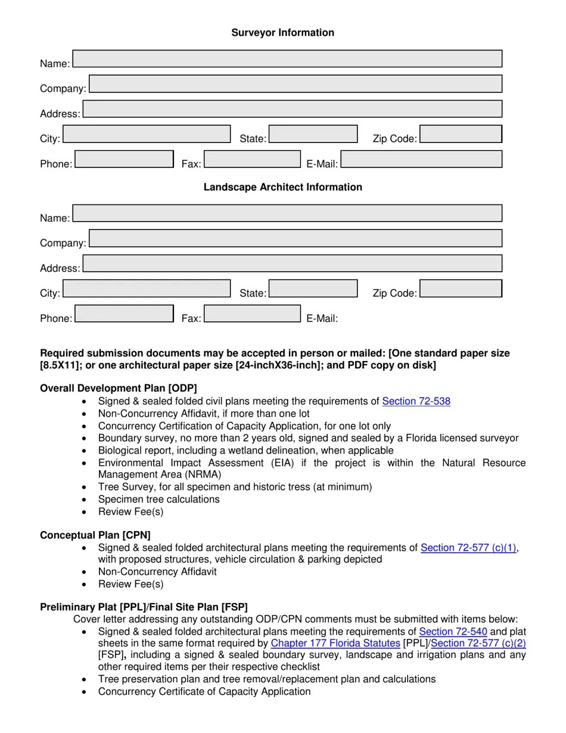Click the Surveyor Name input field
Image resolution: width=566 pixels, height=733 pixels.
click(287, 59)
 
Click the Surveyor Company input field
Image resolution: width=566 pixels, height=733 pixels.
click(296, 84)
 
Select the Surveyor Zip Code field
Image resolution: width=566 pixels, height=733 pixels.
click(461, 134)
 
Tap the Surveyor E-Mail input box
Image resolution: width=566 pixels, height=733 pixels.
click(421, 159)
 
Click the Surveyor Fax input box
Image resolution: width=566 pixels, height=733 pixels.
click(252, 159)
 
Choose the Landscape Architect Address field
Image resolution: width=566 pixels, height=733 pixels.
click(292, 263)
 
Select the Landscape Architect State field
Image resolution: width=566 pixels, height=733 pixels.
click(313, 288)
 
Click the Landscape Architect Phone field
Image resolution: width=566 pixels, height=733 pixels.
click(124, 313)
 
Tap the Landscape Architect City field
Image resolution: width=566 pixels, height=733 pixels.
click(147, 288)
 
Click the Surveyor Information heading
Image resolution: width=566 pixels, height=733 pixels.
click(282, 33)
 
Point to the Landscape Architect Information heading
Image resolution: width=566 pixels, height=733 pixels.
click(282, 187)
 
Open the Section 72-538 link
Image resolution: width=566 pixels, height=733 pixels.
click(416, 401)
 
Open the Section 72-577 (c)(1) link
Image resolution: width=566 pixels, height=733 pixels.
click(468, 548)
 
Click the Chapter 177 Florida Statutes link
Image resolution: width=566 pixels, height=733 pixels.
click(335, 644)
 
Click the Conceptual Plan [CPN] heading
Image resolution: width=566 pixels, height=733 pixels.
click(95, 535)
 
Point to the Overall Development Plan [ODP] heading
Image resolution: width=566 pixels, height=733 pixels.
click(118, 389)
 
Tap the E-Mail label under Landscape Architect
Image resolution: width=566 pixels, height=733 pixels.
click(322, 318)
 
